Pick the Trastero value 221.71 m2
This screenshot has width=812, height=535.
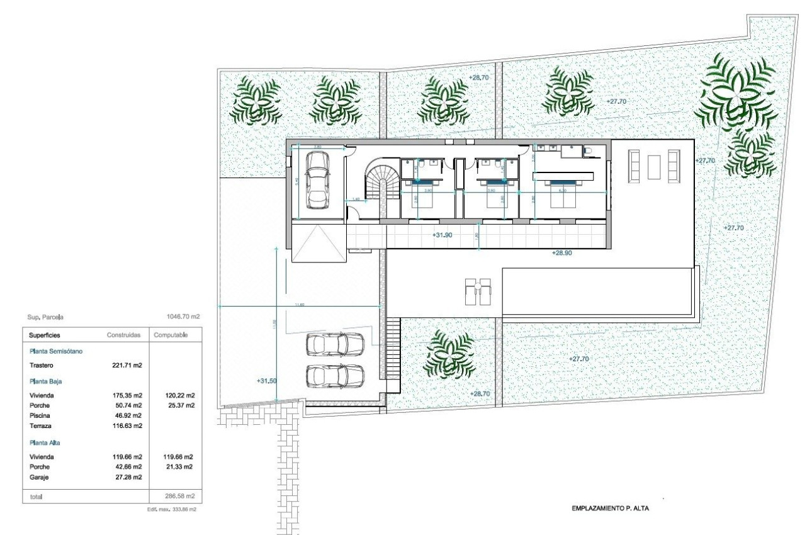click(x=127, y=365)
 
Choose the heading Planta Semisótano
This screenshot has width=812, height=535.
click(x=60, y=351)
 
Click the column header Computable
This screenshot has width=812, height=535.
click(x=170, y=335)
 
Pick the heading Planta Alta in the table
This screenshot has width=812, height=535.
click(x=44, y=442)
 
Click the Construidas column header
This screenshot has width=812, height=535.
click(x=123, y=335)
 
